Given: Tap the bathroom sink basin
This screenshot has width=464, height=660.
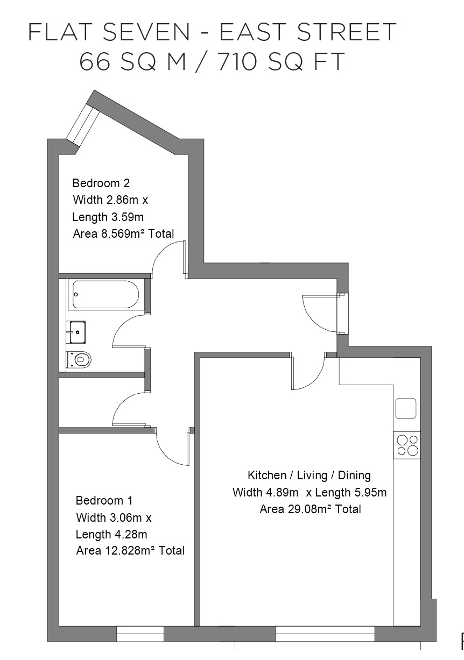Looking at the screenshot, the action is point(78,332).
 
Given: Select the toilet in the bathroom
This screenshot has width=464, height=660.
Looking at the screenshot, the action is point(79,359).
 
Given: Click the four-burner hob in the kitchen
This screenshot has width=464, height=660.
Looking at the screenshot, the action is point(407,445).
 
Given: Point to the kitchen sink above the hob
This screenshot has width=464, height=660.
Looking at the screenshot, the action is point(406,408).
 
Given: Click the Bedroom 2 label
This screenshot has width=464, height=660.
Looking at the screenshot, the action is point(101,183).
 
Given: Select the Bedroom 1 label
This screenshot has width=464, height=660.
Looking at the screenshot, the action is point(104,501).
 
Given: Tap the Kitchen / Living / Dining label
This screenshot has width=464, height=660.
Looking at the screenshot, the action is point(309,476).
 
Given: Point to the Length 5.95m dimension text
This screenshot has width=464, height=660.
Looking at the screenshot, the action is point(351,492).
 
